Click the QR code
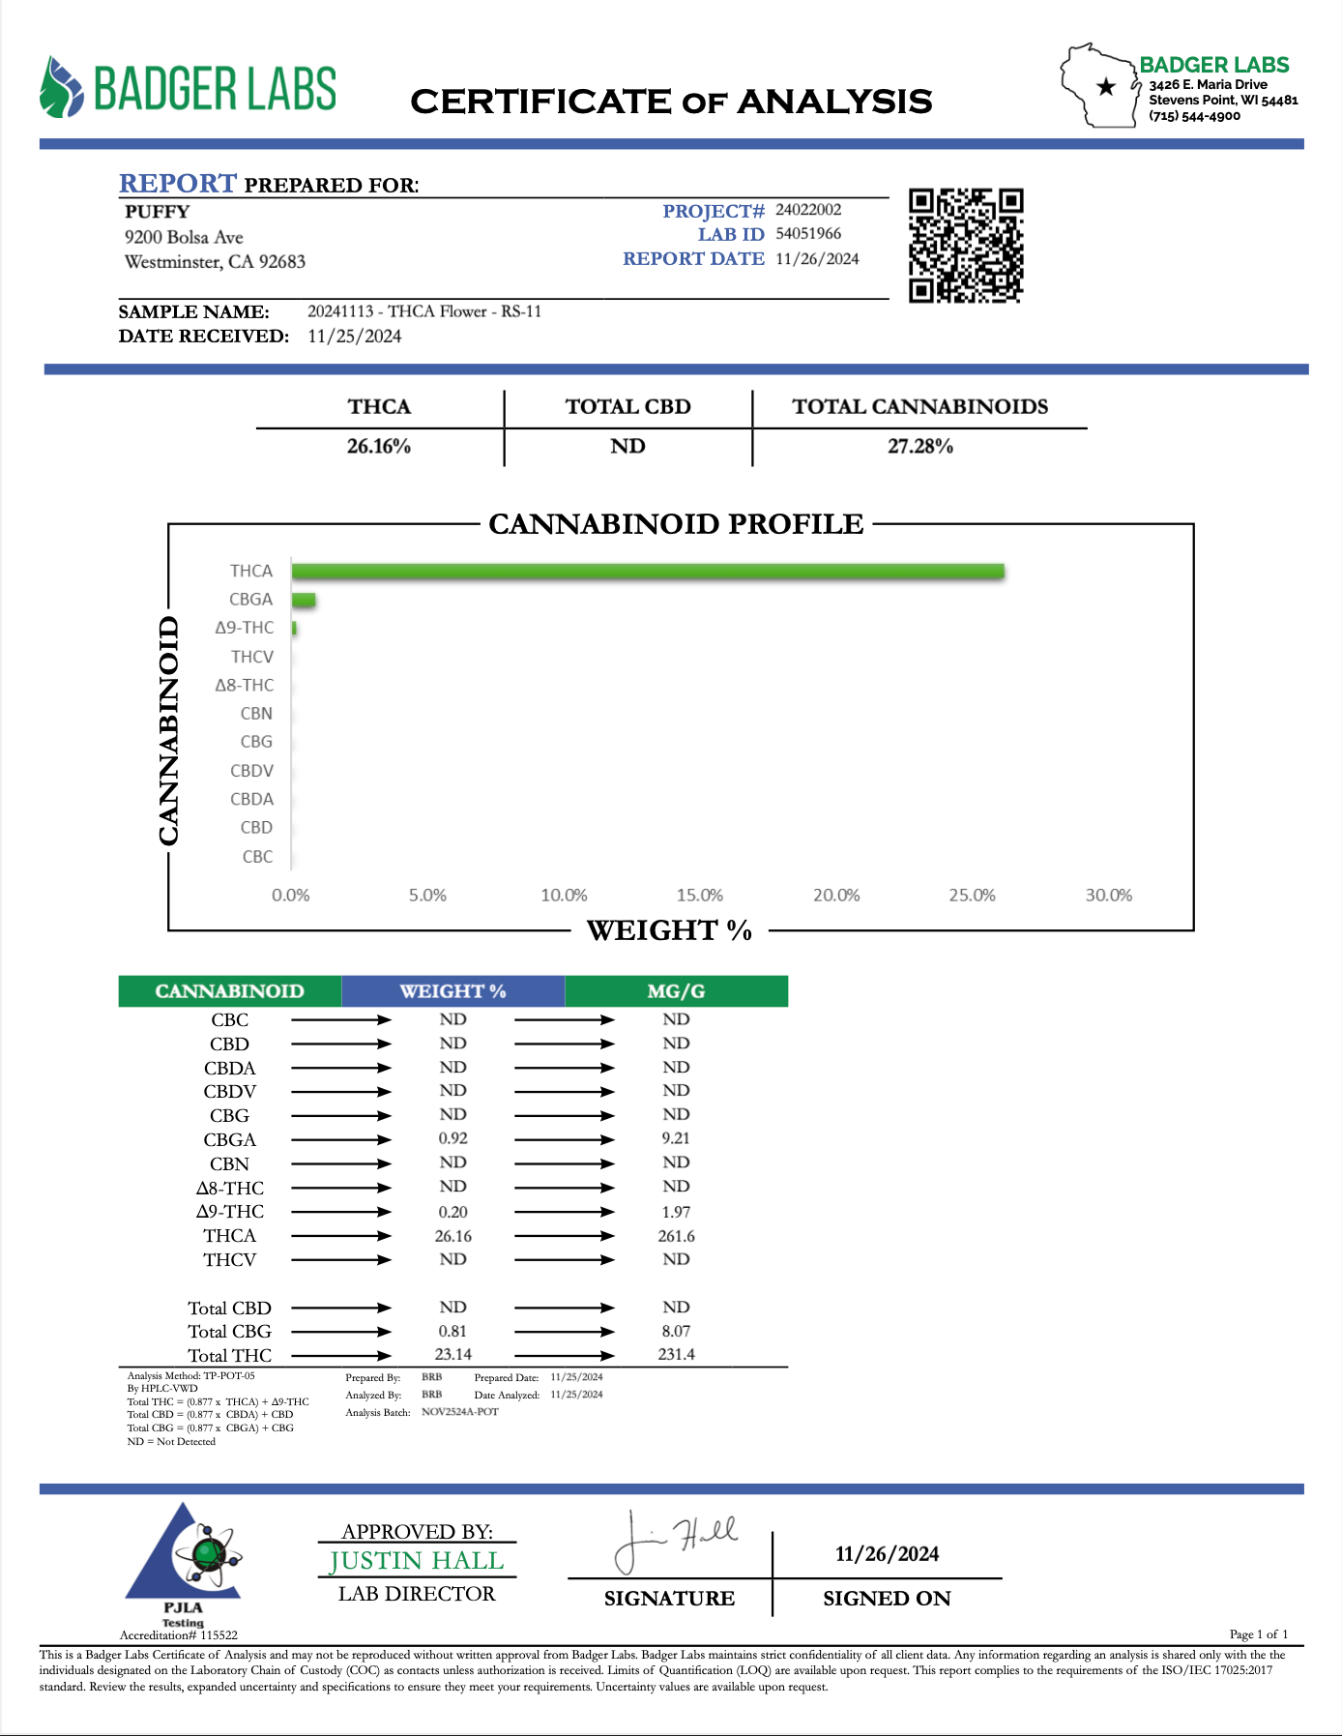point(965,246)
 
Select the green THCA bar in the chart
point(648,572)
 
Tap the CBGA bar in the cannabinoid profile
point(304,601)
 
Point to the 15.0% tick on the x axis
point(699,896)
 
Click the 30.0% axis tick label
point(1108,896)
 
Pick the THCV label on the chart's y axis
point(252,657)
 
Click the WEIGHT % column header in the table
point(452,991)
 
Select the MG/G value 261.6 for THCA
point(676,1236)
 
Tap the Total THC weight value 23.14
point(452,1355)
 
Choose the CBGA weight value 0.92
point(452,1138)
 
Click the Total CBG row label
point(229,1332)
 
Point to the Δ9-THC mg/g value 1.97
point(676,1212)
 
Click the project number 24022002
point(808,210)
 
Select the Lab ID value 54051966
point(808,234)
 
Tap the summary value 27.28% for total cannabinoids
point(919,447)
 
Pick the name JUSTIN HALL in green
point(417,1561)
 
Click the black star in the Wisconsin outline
point(1106,87)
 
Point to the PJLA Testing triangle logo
point(184,1557)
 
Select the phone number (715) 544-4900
point(1194,116)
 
